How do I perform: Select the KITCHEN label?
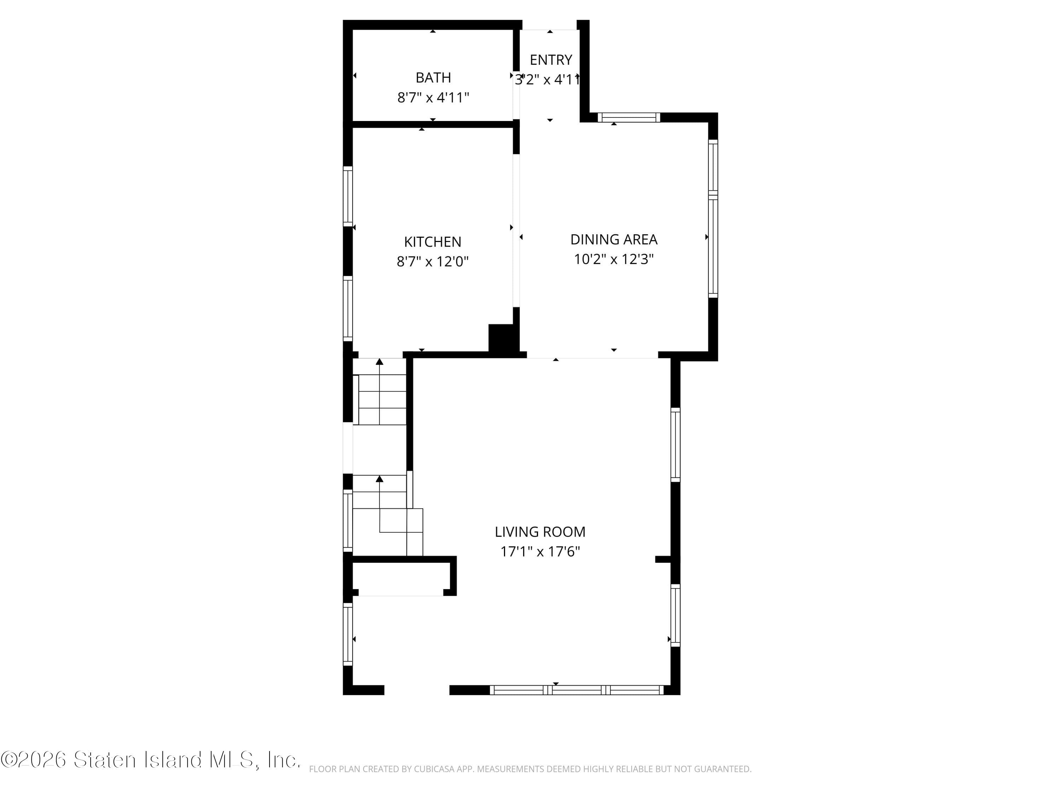[x=432, y=241]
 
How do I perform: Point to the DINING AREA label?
[x=614, y=239]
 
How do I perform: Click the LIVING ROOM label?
[x=540, y=532]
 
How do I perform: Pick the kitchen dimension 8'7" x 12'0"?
[x=432, y=261]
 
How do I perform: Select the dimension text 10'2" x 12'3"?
[x=614, y=259]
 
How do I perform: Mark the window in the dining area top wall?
[x=628, y=117]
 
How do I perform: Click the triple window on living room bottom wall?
[x=576, y=690]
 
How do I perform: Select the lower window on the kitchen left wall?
[x=348, y=308]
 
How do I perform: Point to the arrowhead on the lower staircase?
[x=379, y=479]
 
